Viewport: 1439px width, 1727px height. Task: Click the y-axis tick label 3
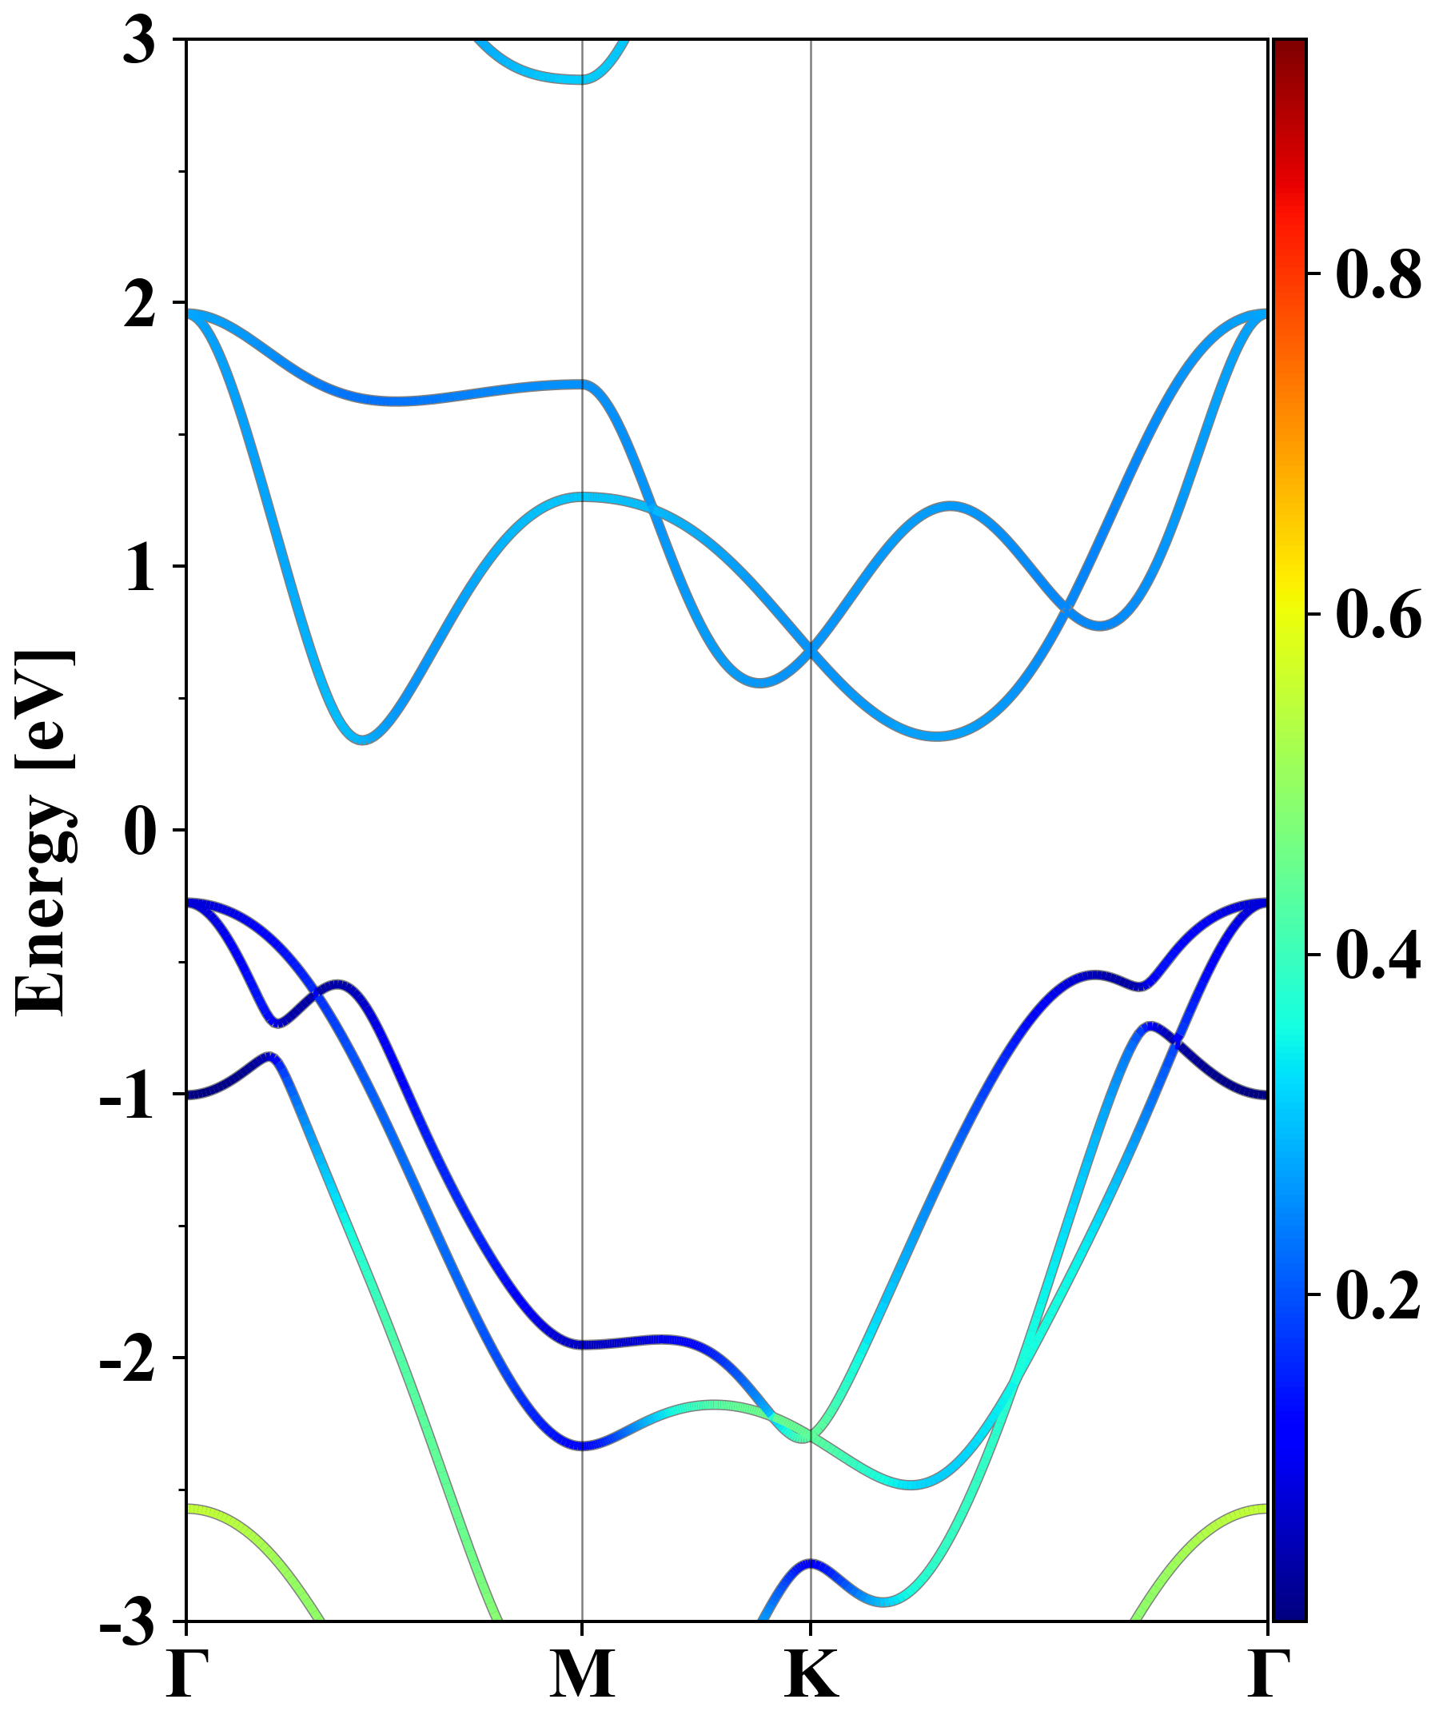click(x=140, y=41)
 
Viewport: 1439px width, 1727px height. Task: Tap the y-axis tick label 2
click(x=140, y=307)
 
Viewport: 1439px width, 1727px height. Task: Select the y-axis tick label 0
click(x=140, y=832)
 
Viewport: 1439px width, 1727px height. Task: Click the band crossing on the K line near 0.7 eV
click(x=811, y=651)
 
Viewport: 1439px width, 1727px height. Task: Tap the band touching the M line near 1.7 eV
click(x=582, y=384)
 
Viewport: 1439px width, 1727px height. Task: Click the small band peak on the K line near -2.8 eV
click(x=811, y=1562)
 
